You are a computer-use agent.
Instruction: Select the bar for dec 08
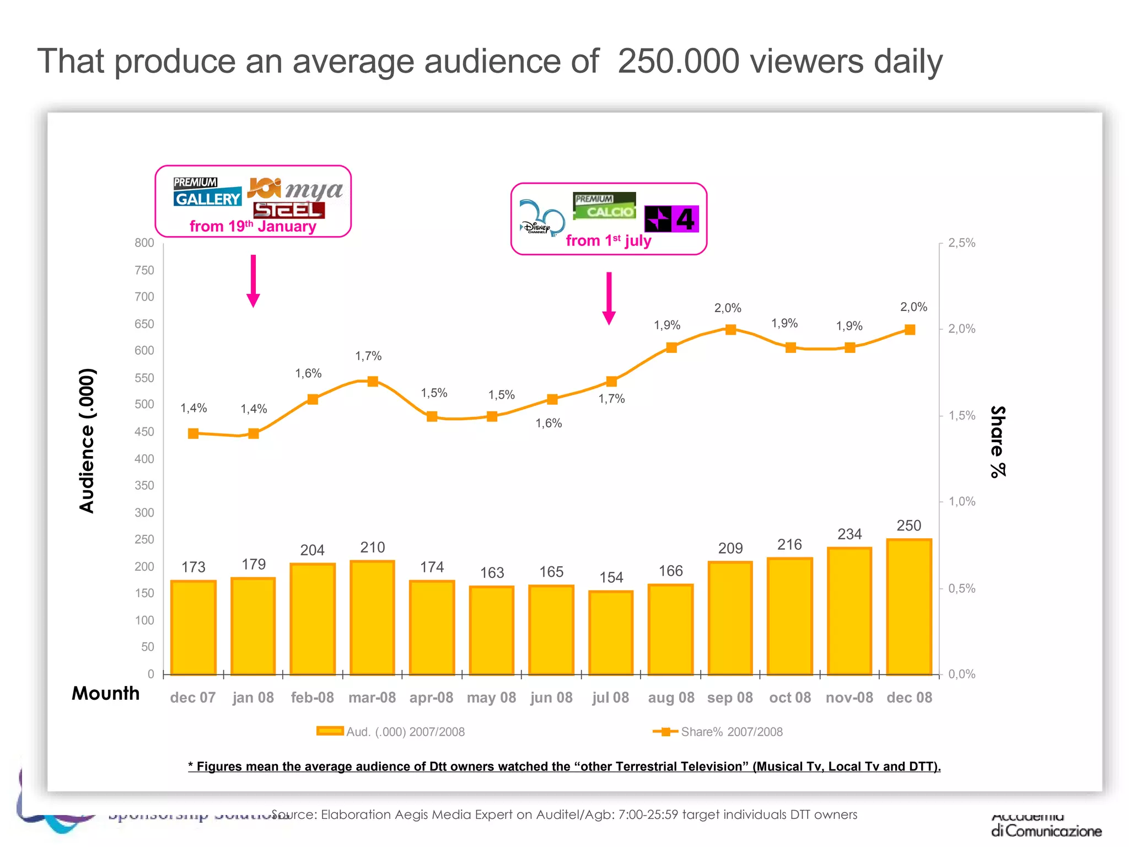[x=909, y=607]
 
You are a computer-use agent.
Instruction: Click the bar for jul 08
[x=611, y=632]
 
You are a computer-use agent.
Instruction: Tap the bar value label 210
[x=373, y=548]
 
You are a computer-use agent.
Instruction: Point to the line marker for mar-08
[x=373, y=382]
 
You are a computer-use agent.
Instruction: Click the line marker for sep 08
[x=730, y=330]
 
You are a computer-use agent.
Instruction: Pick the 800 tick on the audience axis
[x=144, y=243]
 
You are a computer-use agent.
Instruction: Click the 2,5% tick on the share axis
[x=961, y=243]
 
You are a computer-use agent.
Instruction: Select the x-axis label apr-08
[x=431, y=698]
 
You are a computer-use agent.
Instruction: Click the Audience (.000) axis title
[x=87, y=440]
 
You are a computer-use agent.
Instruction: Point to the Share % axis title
[x=998, y=441]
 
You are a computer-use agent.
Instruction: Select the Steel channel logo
[x=289, y=210]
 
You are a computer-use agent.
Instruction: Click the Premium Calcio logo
[x=604, y=206]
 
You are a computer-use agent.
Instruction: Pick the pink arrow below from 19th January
[x=253, y=281]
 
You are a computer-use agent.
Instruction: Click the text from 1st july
[x=609, y=241]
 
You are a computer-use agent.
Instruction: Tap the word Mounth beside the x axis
[x=106, y=693]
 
